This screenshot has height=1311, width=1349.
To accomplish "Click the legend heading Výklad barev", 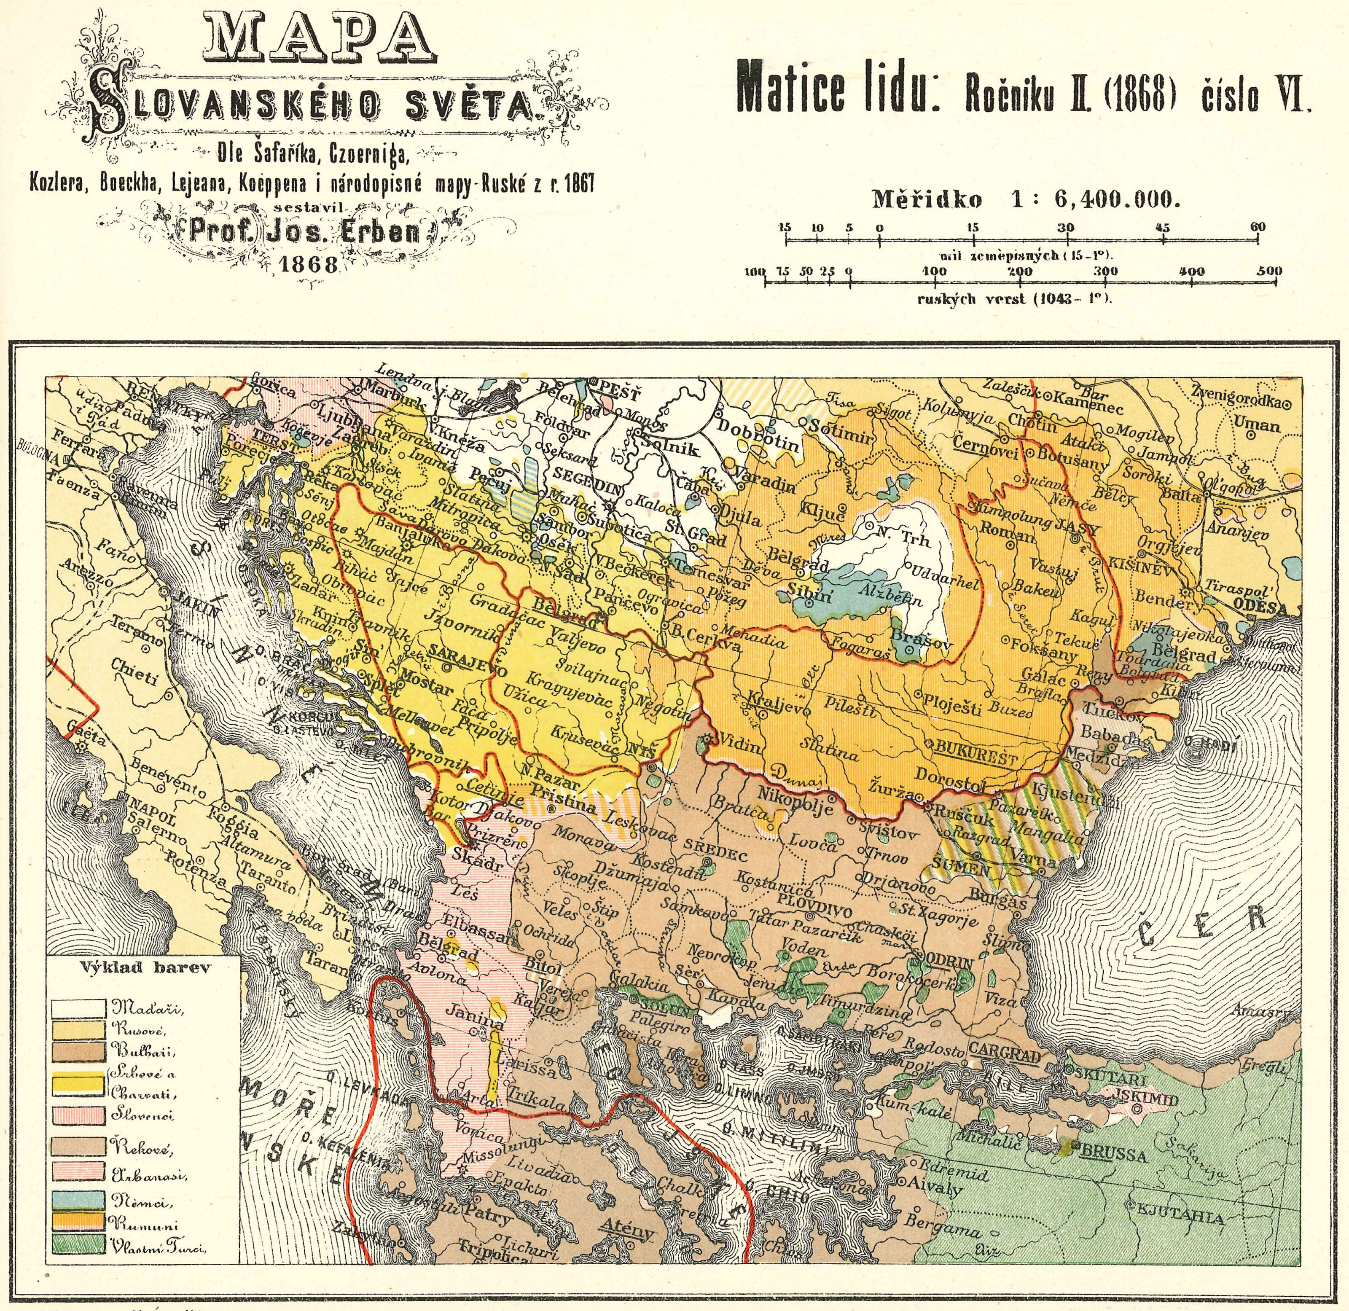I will [145, 967].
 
